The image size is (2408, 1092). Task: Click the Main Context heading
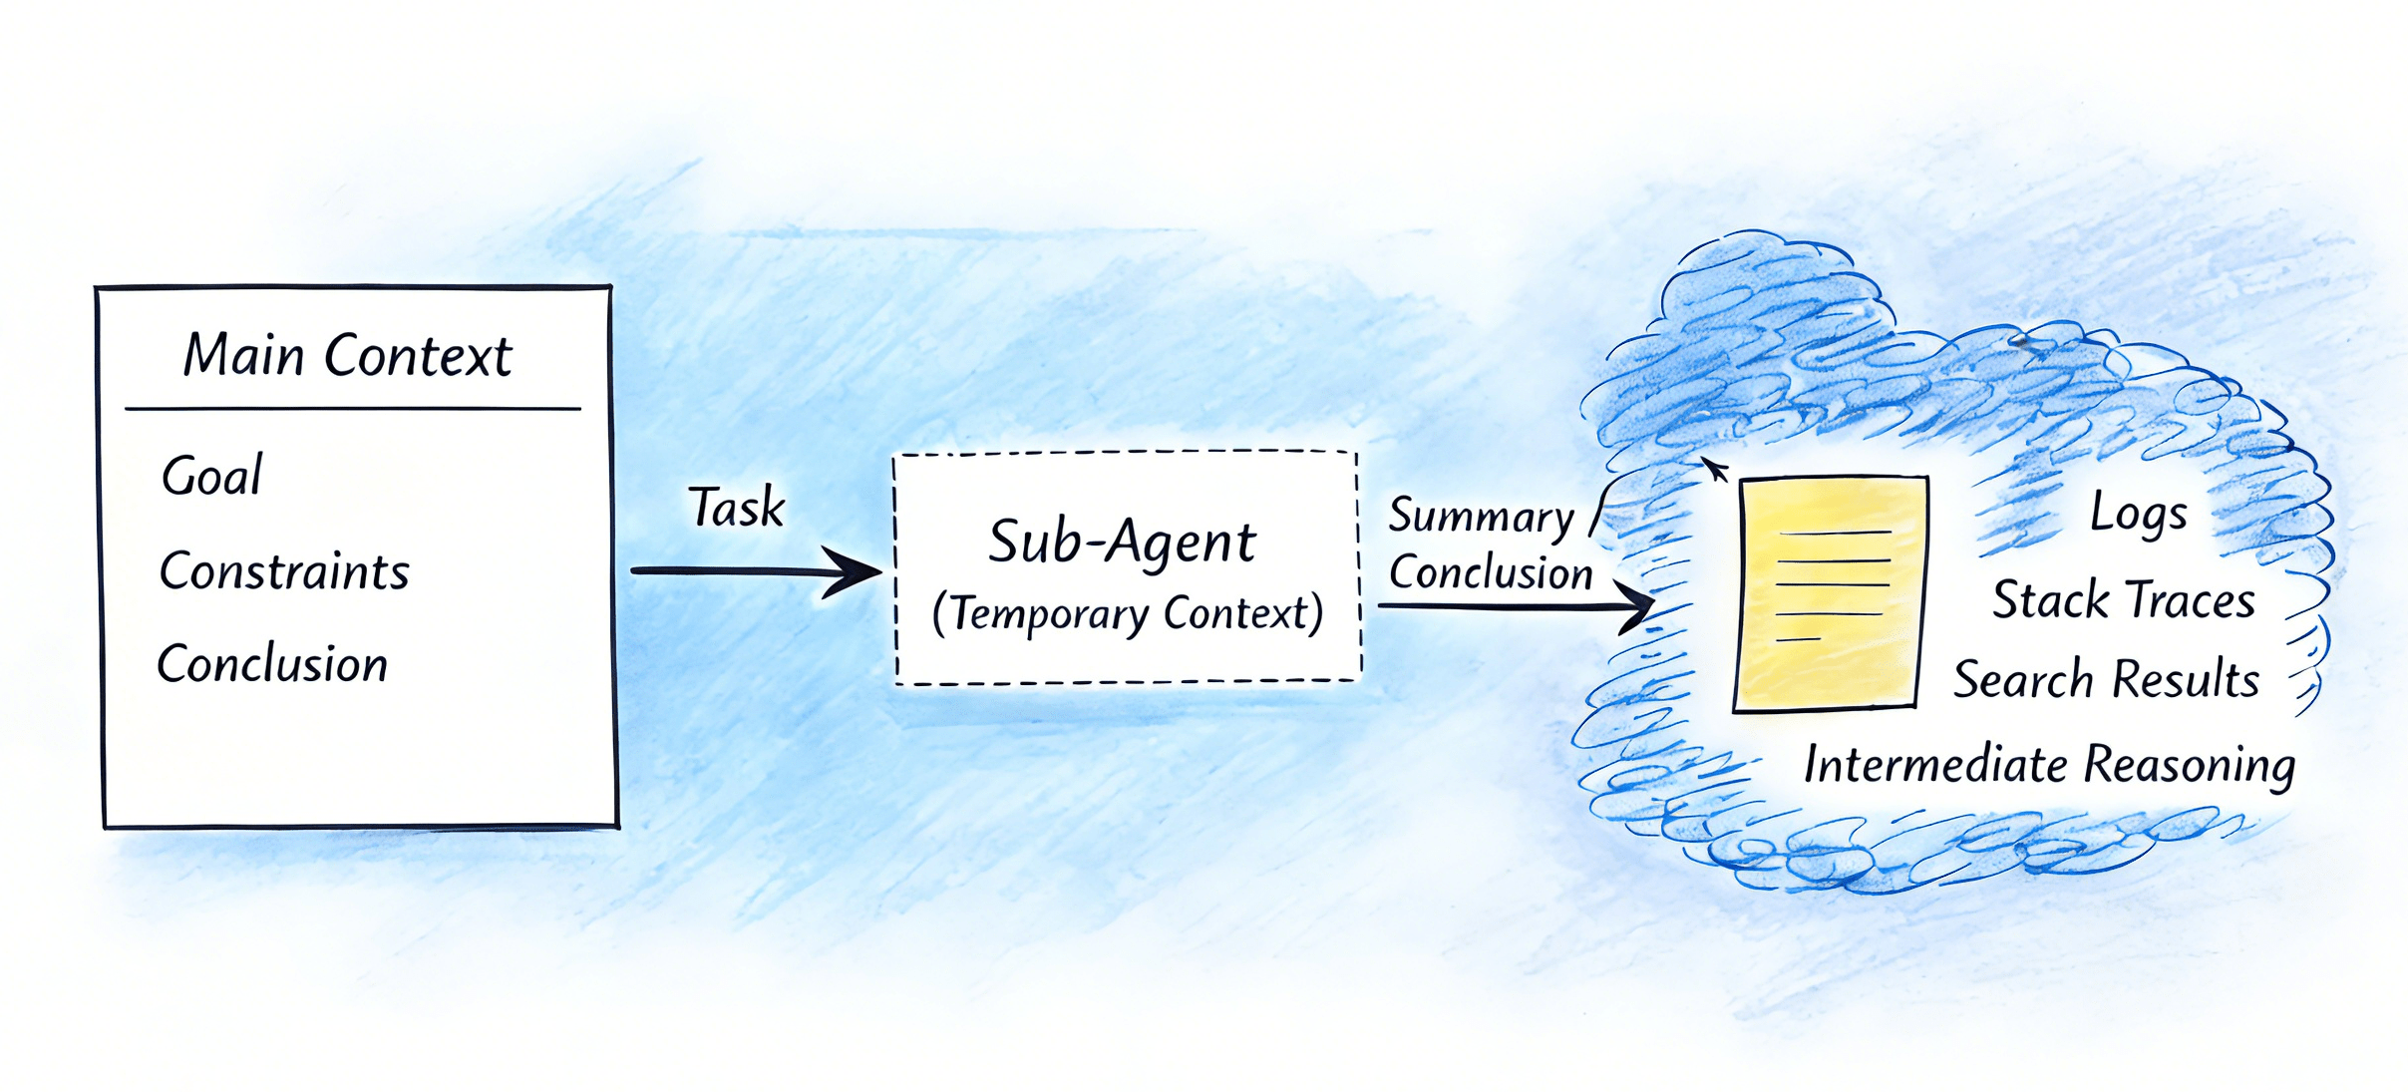point(348,355)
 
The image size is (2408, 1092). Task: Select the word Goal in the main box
point(211,476)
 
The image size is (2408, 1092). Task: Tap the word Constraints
point(284,571)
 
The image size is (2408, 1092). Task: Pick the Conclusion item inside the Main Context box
point(272,664)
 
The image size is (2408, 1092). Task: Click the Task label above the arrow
point(737,507)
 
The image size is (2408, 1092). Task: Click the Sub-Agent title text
point(1122,542)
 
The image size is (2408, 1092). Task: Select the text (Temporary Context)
point(1128,612)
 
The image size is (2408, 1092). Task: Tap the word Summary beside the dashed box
point(1481,517)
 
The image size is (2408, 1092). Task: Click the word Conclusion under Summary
point(1491,572)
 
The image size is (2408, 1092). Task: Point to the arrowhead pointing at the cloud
point(1636,604)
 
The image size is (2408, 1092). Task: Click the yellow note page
point(1830,593)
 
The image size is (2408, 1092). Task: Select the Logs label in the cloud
point(2139,513)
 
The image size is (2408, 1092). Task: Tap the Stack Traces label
point(2124,600)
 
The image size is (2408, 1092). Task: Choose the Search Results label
point(2106,679)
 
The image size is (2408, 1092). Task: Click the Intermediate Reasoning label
point(2050,766)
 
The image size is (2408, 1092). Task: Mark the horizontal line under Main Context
point(353,409)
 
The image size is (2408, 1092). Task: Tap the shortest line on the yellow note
point(1799,638)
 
